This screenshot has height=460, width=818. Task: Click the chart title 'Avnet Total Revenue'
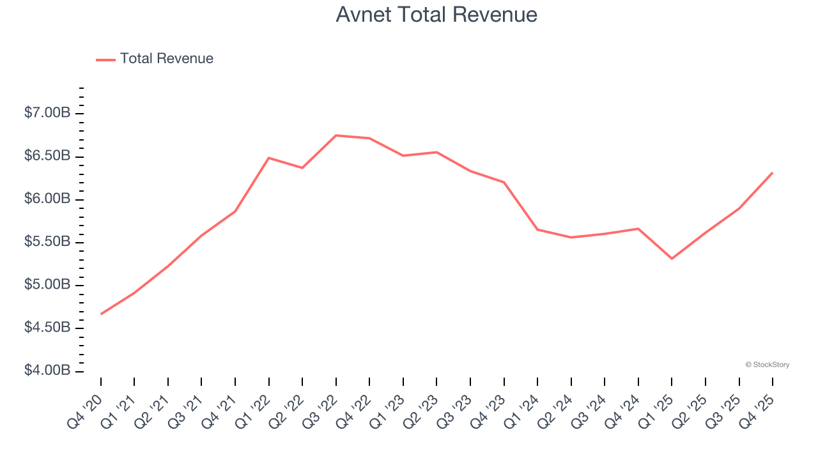point(436,15)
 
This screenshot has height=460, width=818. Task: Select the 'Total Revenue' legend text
point(166,59)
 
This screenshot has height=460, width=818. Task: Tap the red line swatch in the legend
point(105,59)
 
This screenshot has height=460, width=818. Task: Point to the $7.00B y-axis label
point(47,113)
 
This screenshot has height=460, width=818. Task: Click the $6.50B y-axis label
point(47,157)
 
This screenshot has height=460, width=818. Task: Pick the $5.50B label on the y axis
point(47,242)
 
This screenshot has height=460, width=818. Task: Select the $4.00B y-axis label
point(47,371)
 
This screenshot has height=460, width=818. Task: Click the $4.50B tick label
point(47,328)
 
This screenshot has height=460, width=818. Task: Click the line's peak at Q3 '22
point(336,135)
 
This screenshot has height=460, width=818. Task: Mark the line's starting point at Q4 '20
point(101,314)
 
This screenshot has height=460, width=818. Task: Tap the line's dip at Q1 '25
point(672,259)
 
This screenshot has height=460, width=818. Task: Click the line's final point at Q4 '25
point(773,172)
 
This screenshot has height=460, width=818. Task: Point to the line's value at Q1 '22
point(269,158)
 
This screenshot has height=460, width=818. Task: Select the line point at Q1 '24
point(537,229)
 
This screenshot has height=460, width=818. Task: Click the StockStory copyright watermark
point(767,365)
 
